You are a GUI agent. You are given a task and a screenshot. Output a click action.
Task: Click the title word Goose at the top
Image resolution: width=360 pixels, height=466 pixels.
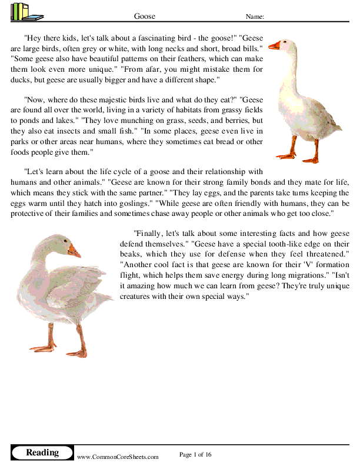coord(145,16)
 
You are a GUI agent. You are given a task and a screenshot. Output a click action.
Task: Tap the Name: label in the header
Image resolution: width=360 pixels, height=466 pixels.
coord(255,16)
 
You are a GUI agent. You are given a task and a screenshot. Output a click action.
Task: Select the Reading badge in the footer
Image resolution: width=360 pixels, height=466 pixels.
coord(42,452)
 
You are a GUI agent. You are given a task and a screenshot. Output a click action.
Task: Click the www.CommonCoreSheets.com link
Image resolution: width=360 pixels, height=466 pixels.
coord(118,457)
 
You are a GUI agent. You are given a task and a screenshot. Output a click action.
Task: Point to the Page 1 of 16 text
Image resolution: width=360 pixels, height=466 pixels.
coord(195,454)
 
